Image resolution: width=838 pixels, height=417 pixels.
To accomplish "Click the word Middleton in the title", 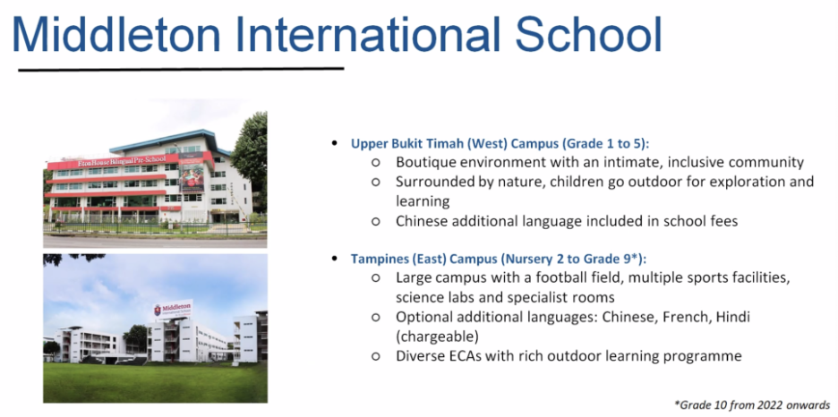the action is tap(116, 34).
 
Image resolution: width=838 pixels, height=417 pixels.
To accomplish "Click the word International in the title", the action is tap(367, 34).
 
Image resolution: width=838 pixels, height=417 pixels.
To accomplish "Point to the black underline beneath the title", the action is tap(181, 69).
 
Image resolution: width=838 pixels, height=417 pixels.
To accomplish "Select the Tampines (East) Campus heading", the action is tap(499, 259).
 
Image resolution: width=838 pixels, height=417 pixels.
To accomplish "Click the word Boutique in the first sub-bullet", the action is tap(426, 162).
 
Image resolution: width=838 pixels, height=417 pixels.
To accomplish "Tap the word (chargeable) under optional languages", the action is tap(437, 336).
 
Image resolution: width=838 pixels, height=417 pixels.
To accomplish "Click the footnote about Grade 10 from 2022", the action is tap(753, 404).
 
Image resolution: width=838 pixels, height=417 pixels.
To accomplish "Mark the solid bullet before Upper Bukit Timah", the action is tap(335, 144).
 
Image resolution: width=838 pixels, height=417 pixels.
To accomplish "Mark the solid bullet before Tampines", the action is tap(335, 260).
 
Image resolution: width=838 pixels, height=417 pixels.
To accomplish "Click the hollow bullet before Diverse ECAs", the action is tap(376, 356).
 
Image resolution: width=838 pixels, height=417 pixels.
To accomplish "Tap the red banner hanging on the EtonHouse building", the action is tap(192, 172).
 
